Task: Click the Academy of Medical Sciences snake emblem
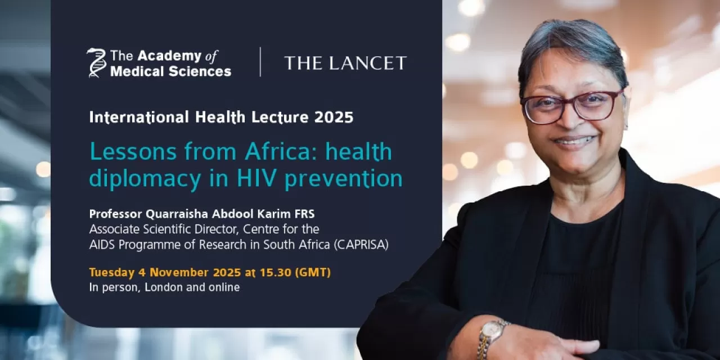[96, 62]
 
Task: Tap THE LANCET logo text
[345, 63]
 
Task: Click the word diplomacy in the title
[141, 179]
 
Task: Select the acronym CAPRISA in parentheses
[361, 245]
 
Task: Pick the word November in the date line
[179, 273]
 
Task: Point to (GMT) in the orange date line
[313, 273]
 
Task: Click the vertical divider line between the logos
[260, 62]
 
